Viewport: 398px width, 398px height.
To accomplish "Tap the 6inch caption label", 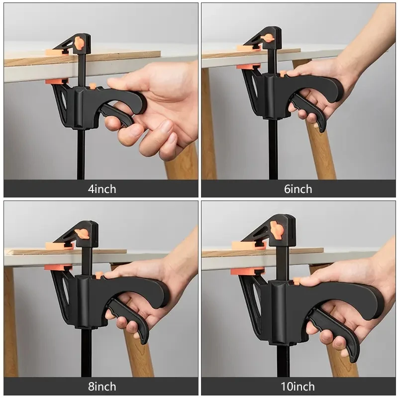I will click(298, 189).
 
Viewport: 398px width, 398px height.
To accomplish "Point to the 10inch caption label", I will click(298, 387).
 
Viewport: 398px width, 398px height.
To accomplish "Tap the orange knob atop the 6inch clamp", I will click(268, 38).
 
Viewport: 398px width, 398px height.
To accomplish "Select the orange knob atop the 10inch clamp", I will click(277, 229).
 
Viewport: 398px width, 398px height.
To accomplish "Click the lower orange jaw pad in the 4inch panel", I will click(56, 81).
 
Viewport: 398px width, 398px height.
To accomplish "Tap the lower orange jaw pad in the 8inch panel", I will click(58, 268).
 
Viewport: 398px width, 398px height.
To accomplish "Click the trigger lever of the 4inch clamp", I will click(119, 114).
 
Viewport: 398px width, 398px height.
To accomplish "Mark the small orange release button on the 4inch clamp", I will click(93, 86).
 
